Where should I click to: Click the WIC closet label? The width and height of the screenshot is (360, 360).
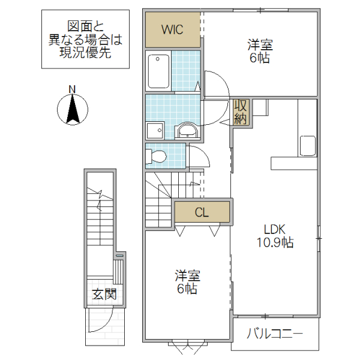(x=172, y=29)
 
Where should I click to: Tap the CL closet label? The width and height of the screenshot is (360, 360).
(x=202, y=212)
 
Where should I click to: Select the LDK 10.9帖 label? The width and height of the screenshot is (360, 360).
(x=275, y=236)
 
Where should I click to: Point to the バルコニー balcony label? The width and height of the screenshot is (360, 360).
(x=275, y=333)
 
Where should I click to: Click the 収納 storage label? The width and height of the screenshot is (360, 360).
(x=241, y=111)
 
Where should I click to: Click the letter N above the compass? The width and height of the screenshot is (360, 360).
(x=72, y=90)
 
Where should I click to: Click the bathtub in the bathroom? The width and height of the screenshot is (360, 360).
(x=158, y=71)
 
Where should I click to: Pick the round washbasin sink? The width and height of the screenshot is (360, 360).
(x=188, y=131)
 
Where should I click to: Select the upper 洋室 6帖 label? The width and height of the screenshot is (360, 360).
(x=260, y=51)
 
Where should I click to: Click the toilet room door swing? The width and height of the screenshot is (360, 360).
(x=198, y=157)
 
